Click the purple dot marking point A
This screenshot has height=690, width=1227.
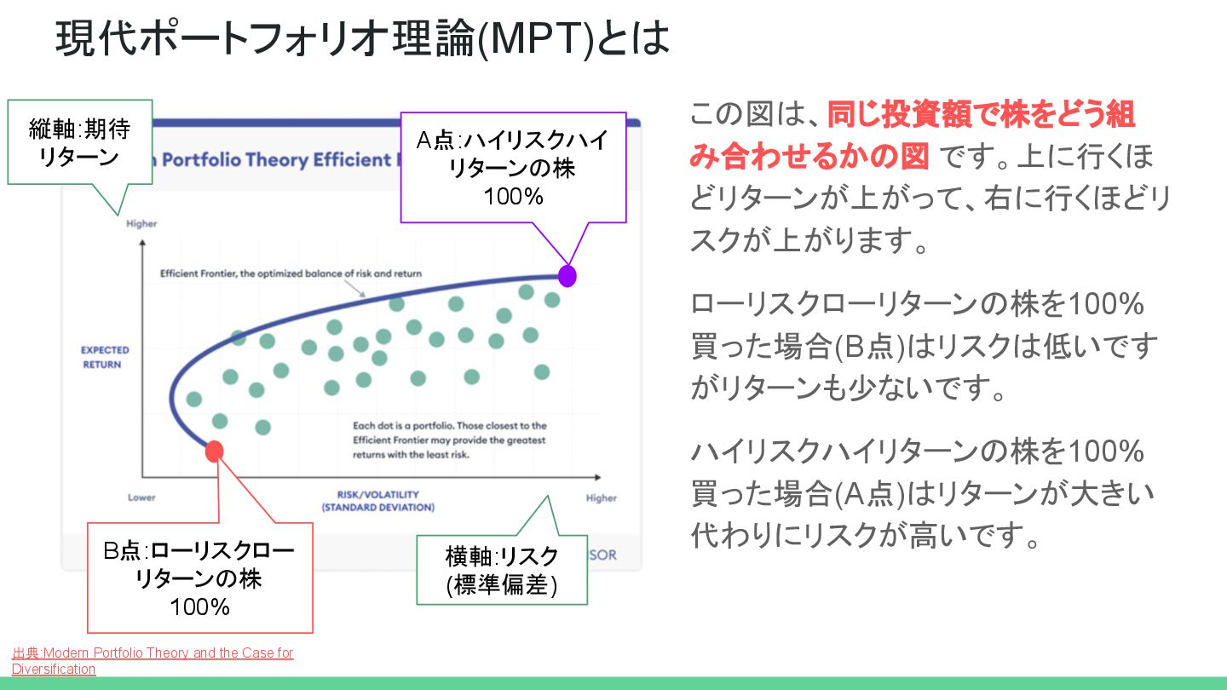tap(567, 276)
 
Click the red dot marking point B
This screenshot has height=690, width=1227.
tap(215, 451)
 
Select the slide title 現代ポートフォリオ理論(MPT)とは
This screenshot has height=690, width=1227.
tap(363, 39)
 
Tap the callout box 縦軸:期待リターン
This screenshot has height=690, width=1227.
tap(79, 142)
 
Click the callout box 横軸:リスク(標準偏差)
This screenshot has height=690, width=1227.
tap(502, 570)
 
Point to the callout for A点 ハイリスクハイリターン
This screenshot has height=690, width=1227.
tap(513, 168)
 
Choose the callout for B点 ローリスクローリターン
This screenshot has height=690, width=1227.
tap(200, 578)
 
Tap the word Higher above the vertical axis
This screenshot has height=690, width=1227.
tap(141, 224)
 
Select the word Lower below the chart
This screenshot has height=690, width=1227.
tap(141, 497)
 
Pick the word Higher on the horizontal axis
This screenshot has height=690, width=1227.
tap(601, 498)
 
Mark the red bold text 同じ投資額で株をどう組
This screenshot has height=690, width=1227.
tap(980, 114)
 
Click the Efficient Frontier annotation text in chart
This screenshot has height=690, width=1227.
tap(291, 274)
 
